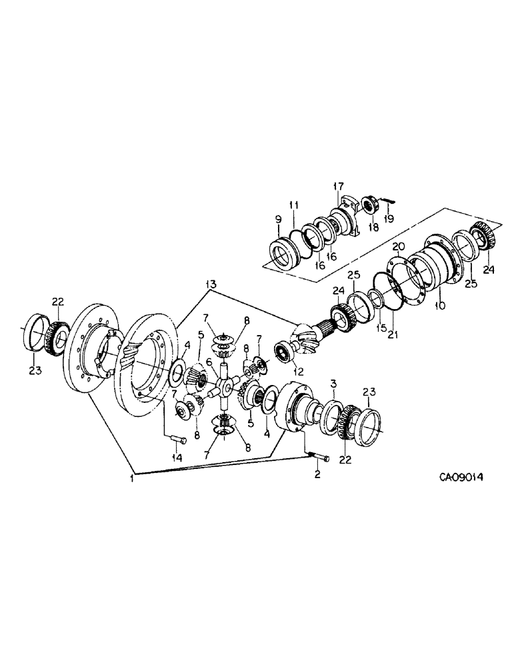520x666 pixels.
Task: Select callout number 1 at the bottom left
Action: point(134,477)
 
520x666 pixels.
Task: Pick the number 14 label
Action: point(177,458)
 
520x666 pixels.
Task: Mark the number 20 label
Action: point(399,246)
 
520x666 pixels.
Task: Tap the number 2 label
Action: point(316,474)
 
